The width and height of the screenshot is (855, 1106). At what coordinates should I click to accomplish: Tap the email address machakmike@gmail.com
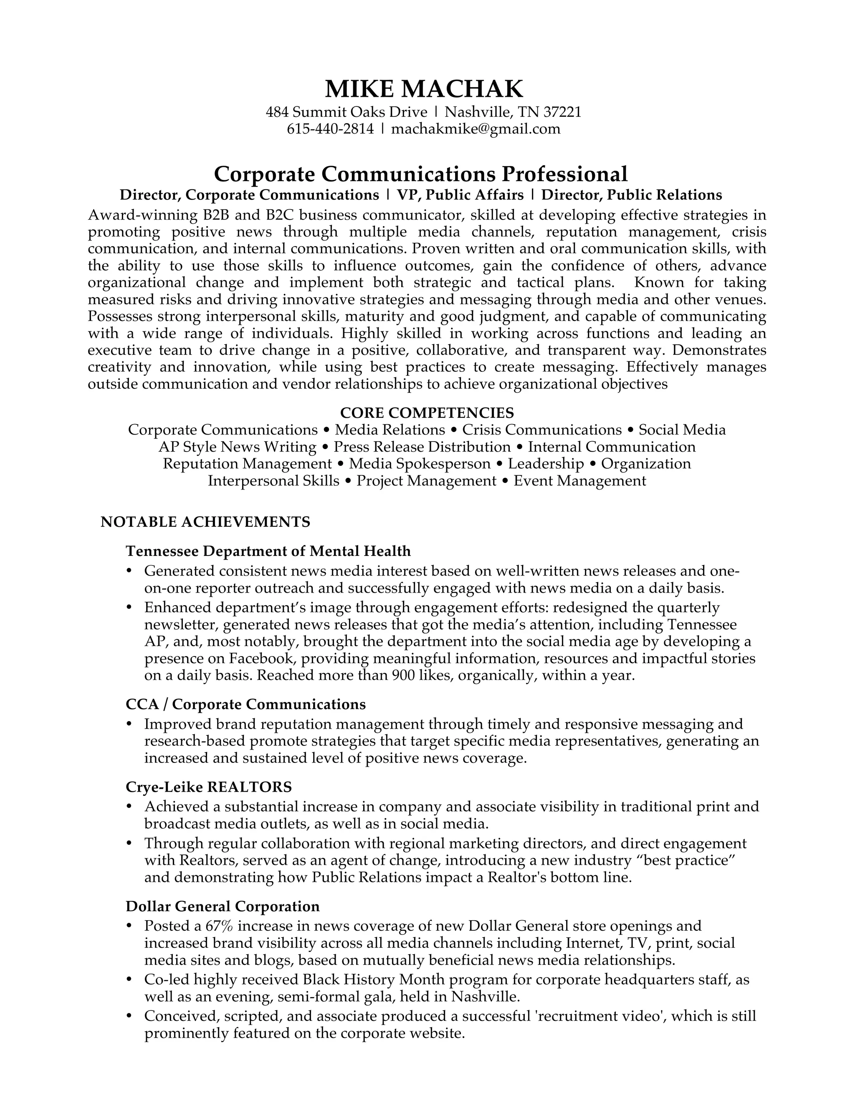pyautogui.click(x=476, y=129)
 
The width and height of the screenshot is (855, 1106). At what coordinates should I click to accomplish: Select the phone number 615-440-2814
pyautogui.click(x=330, y=129)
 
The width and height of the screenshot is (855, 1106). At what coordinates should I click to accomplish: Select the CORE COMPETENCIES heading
pyautogui.click(x=427, y=412)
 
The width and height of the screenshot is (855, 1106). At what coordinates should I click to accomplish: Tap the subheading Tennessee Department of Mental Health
pyautogui.click(x=268, y=550)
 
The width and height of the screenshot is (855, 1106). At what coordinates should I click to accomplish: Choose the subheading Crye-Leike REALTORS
pyautogui.click(x=209, y=786)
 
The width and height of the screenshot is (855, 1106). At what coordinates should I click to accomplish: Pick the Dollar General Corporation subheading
pyautogui.click(x=223, y=906)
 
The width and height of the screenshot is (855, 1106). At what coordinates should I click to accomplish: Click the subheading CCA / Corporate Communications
pyautogui.click(x=245, y=705)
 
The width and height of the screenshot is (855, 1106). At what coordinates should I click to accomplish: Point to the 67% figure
pyautogui.click(x=219, y=926)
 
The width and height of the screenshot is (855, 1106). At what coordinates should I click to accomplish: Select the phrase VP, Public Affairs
pyautogui.click(x=460, y=195)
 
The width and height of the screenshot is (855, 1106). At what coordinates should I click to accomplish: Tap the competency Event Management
pyautogui.click(x=579, y=480)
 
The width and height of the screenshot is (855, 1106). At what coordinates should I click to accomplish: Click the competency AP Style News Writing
pyautogui.click(x=238, y=447)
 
